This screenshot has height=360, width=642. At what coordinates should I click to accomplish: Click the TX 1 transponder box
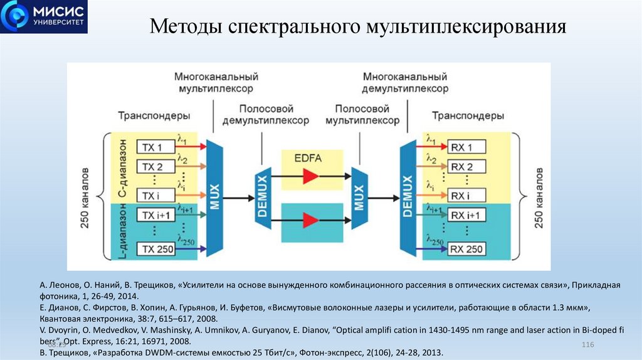coord(152,147)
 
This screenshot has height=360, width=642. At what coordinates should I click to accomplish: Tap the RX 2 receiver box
coord(467,167)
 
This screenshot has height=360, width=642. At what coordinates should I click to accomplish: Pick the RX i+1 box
coord(467,216)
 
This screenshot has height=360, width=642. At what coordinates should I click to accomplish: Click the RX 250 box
coord(467,249)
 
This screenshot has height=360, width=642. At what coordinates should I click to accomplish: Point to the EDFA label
coord(308,158)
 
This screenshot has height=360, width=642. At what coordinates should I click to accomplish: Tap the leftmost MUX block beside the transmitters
coord(214,197)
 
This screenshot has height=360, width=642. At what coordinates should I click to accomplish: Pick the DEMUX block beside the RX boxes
coord(408,197)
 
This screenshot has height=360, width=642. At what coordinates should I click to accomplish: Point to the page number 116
coord(587,346)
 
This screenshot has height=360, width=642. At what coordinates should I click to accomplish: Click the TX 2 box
coord(152,167)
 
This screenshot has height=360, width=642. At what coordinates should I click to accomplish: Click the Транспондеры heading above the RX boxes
coord(468,116)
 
